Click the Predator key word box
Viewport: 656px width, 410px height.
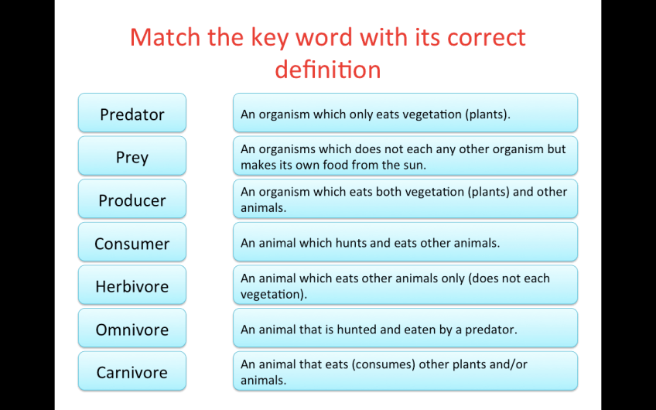[x=132, y=113]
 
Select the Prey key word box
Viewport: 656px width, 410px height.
[x=132, y=156]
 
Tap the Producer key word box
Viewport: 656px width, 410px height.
[x=132, y=199]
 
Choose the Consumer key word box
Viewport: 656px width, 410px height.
[x=132, y=242]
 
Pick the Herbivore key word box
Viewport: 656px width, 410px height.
[x=132, y=285]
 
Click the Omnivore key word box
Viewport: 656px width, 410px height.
[x=132, y=328]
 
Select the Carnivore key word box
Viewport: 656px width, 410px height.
[x=132, y=371]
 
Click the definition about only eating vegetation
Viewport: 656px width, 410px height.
[x=405, y=113]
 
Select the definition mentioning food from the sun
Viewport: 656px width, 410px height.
[x=405, y=156]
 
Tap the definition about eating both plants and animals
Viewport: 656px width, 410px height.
[x=405, y=199]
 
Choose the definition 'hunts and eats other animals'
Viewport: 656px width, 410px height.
[x=405, y=242]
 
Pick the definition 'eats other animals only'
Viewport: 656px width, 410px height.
[x=405, y=285]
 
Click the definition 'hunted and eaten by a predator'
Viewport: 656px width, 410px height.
[x=405, y=328]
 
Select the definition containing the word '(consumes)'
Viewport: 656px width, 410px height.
[x=405, y=371]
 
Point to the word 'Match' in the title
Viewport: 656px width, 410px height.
[x=166, y=37]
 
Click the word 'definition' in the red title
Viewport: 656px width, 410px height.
[x=328, y=70]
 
